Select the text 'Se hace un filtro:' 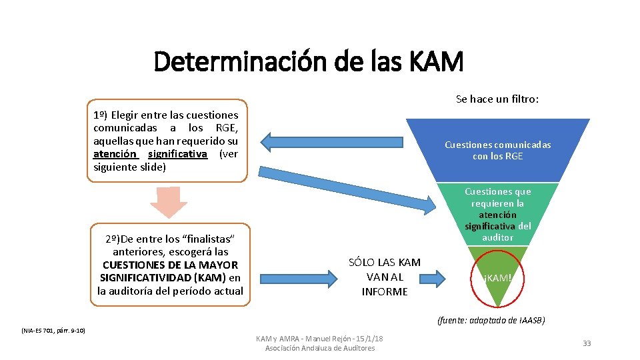click(x=497, y=99)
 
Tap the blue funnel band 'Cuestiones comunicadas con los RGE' click(x=497, y=150)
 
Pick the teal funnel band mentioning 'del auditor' click(x=497, y=214)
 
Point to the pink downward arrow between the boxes click(x=169, y=203)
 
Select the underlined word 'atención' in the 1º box click(x=115, y=154)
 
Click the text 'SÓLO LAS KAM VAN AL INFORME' click(x=384, y=277)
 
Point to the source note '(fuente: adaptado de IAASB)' click(x=491, y=320)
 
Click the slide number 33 click(x=587, y=343)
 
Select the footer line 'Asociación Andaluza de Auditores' click(x=320, y=348)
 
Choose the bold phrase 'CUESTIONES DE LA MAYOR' click(x=170, y=265)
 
